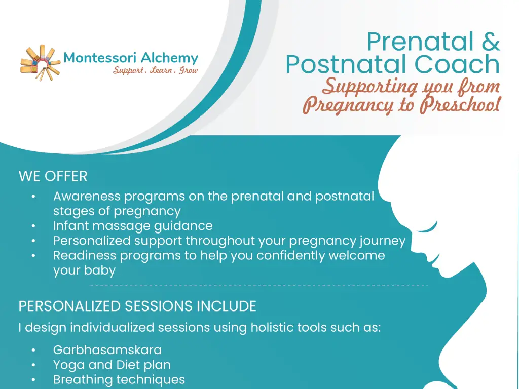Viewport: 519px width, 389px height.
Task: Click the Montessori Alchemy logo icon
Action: pyautogui.click(x=40, y=62)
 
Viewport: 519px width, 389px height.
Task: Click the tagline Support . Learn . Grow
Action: pyautogui.click(x=155, y=70)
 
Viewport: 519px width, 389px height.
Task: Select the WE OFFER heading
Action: pyautogui.click(x=53, y=177)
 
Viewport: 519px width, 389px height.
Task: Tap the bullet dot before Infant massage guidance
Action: pyautogui.click(x=33, y=226)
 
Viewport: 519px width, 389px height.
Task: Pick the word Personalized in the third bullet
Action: pyautogui.click(x=92, y=241)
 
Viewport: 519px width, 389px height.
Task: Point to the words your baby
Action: pyautogui.click(x=84, y=270)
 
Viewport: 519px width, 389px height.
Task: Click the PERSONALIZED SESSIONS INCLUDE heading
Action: pyautogui.click(x=137, y=306)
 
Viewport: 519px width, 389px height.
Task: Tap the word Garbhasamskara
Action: pyautogui.click(x=107, y=350)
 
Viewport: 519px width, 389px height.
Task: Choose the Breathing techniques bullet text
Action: pyautogui.click(x=119, y=379)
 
